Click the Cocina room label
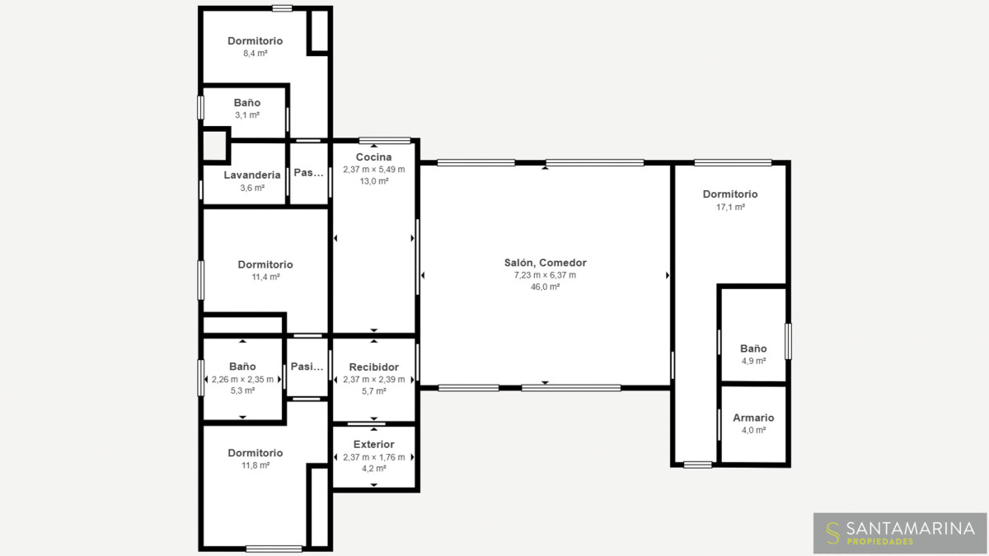click(x=373, y=157)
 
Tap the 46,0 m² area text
click(x=546, y=287)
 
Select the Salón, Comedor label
click(x=546, y=263)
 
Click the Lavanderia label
click(x=252, y=175)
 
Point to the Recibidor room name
click(x=374, y=367)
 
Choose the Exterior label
click(x=374, y=444)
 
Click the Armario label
click(x=753, y=418)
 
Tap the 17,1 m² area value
click(x=731, y=207)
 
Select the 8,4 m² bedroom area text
click(x=255, y=54)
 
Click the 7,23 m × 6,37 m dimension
click(x=546, y=275)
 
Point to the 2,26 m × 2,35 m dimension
click(x=242, y=380)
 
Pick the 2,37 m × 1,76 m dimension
click(x=374, y=457)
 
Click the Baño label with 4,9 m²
click(x=753, y=348)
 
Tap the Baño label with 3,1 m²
click(x=247, y=103)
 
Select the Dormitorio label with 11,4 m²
click(x=265, y=264)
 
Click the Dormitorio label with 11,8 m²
click(x=255, y=453)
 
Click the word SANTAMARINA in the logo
click(x=911, y=528)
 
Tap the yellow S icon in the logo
click(x=833, y=533)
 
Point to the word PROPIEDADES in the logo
click(x=880, y=541)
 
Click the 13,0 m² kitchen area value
click(x=374, y=181)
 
